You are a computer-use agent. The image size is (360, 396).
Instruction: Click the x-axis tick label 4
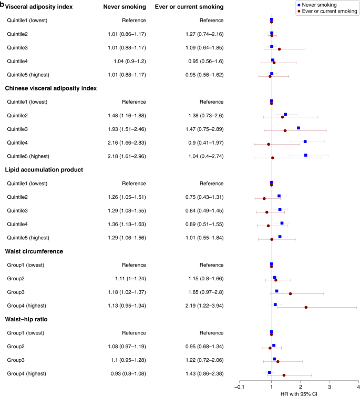(358, 387)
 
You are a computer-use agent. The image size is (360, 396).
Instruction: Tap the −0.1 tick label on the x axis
(239, 387)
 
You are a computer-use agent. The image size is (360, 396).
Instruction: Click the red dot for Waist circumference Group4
(306, 307)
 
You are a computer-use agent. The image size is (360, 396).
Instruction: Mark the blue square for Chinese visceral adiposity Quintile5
(305, 155)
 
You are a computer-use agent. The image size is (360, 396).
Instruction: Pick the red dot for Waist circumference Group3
(290, 293)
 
